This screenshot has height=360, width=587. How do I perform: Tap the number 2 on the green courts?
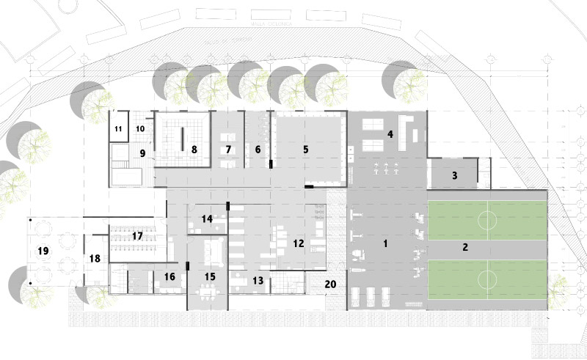[x=464, y=247]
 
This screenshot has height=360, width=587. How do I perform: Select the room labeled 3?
[x=454, y=175]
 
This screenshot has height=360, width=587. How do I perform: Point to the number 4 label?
[x=390, y=134]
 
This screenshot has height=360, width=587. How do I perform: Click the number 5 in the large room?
[x=305, y=149]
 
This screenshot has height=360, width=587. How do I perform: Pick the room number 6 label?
[x=258, y=149]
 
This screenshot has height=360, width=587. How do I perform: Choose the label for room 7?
[x=228, y=149]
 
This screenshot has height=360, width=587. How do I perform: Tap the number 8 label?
[x=194, y=149]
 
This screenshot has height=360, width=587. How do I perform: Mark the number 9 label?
[x=143, y=153]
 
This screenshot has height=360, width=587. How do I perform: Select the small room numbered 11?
[x=119, y=130]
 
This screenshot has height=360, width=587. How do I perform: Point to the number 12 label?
[x=298, y=243]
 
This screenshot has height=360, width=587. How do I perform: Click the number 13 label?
[x=258, y=280]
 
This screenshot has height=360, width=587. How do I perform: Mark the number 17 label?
[x=137, y=236]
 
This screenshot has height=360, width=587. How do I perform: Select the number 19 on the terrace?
[x=43, y=251]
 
